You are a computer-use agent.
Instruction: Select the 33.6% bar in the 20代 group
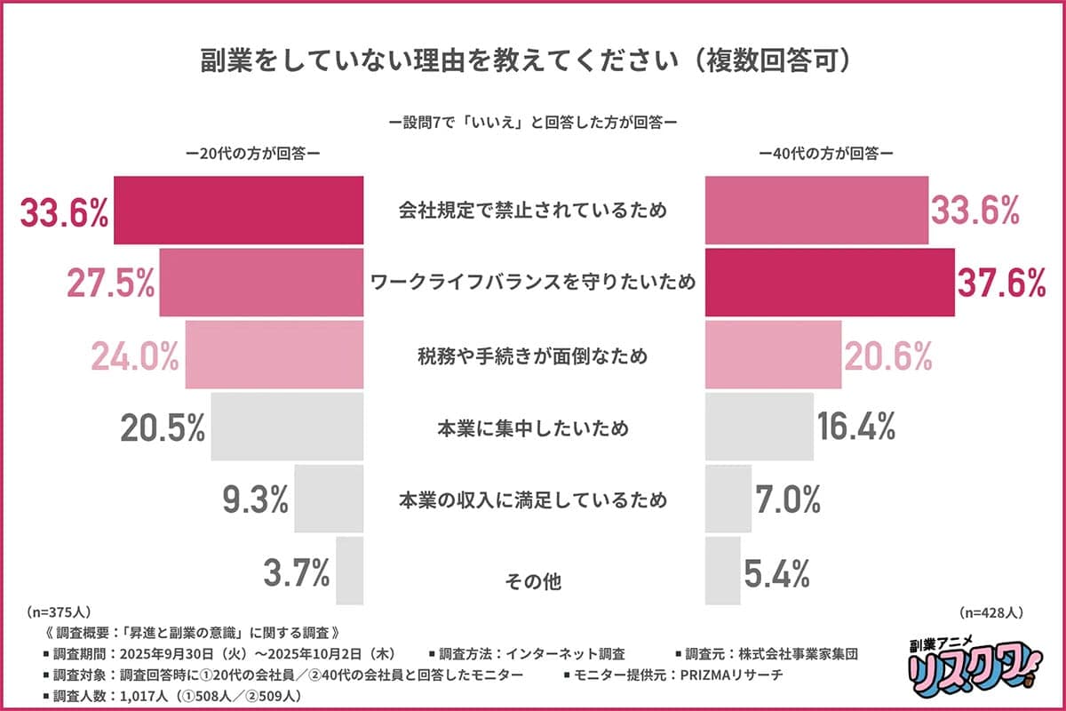point(239,211)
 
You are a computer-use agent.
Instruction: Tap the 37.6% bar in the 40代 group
point(830,283)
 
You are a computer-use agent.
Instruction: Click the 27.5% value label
point(111,283)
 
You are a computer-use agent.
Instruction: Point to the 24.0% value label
point(136,355)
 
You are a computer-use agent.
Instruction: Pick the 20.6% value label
point(887,355)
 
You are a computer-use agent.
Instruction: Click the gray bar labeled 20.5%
point(288,427)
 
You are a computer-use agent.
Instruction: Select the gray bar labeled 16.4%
point(760,427)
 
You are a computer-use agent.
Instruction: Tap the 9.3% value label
point(255,500)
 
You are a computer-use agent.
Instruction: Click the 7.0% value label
point(787,500)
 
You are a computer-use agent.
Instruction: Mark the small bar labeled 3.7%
point(350,572)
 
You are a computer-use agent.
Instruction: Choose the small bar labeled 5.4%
point(723,572)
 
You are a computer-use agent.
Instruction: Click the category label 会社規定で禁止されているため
point(533,211)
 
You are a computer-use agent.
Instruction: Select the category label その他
point(533,583)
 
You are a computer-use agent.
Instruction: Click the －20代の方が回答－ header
point(253,153)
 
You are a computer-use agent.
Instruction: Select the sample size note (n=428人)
point(992,612)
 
